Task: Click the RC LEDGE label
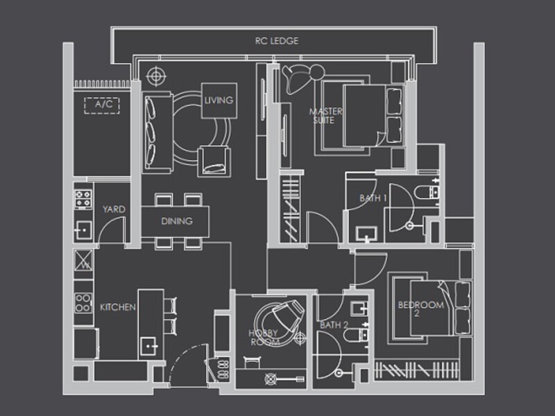pyautogui.click(x=277, y=41)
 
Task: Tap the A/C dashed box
pyautogui.click(x=102, y=105)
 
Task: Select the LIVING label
pyautogui.click(x=219, y=101)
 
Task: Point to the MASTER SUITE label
pyautogui.click(x=325, y=116)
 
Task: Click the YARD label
pyautogui.click(x=114, y=209)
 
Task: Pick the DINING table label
pyautogui.click(x=177, y=221)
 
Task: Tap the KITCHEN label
pyautogui.click(x=118, y=307)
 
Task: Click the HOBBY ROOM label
pyautogui.click(x=264, y=338)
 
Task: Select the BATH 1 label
pyautogui.click(x=373, y=198)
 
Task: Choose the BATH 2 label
pyautogui.click(x=334, y=325)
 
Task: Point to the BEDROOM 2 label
pyautogui.click(x=421, y=309)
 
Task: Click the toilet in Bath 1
pyautogui.click(x=427, y=193)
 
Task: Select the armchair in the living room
pyautogui.click(x=214, y=162)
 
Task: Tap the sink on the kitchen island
pyautogui.click(x=149, y=347)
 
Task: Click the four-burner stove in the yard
pyautogui.click(x=83, y=199)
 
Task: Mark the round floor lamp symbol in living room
pyautogui.click(x=156, y=76)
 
